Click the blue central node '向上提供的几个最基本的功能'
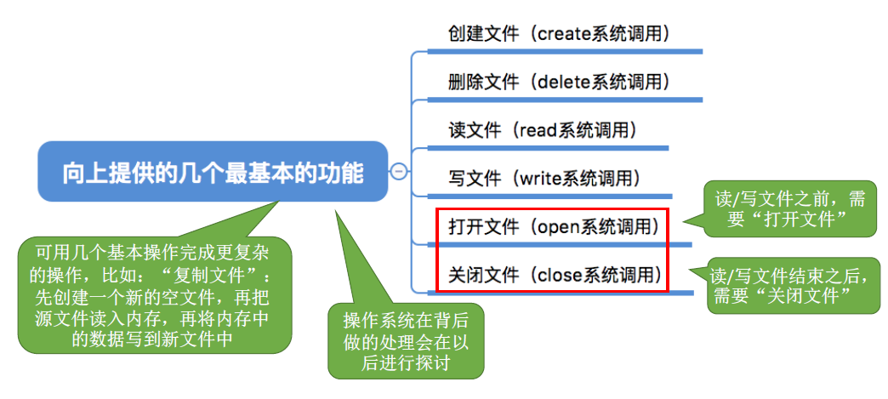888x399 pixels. point(213,173)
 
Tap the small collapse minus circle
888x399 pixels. point(397,171)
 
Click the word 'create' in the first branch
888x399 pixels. point(565,34)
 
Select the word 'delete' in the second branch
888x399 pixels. point(562,82)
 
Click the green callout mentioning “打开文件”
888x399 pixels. point(790,210)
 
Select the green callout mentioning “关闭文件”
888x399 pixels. point(794,285)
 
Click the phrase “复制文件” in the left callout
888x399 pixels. point(222,277)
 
